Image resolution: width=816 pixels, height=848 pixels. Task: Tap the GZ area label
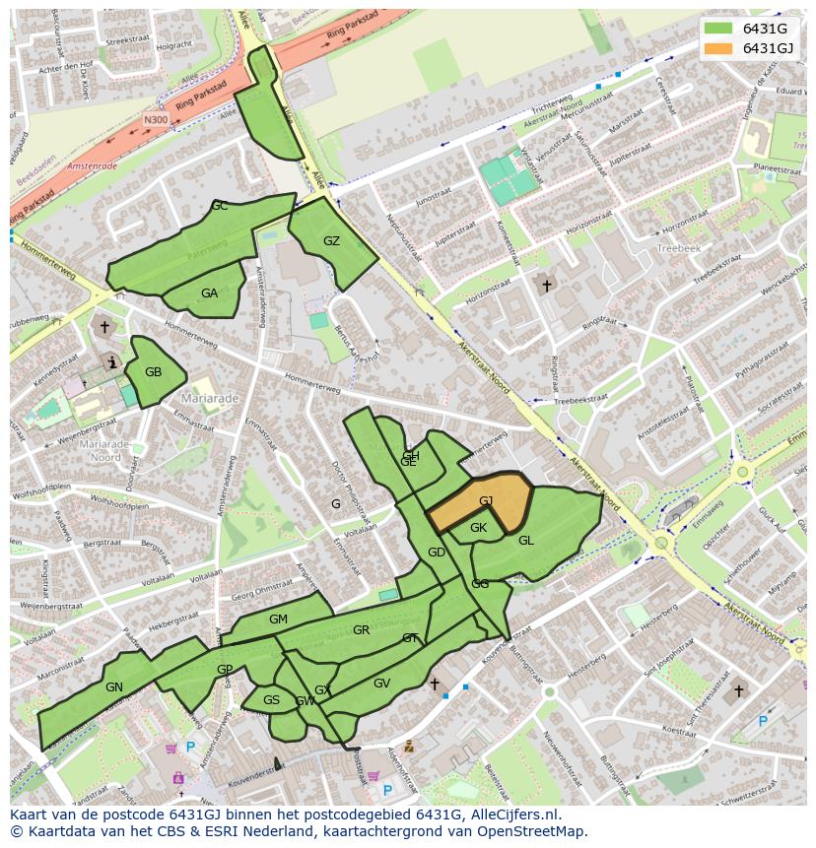coord(331,241)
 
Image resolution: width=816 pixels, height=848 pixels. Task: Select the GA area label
coord(209,294)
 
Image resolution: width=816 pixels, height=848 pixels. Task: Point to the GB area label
coord(153,372)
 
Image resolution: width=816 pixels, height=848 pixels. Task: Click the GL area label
coord(526,541)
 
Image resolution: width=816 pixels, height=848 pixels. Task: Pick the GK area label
coord(478,528)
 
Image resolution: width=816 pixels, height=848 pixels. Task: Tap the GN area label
coord(114,687)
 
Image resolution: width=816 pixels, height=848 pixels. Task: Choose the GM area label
coord(278,620)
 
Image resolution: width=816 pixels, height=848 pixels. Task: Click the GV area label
coord(382,684)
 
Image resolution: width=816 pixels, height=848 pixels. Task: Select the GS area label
coord(271,700)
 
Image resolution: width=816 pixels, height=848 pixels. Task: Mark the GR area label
coord(361,630)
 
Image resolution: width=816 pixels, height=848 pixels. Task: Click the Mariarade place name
coord(210,399)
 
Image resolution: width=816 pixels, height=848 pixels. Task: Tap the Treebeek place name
coord(679,249)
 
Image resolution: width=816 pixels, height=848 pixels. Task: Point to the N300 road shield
coord(155,120)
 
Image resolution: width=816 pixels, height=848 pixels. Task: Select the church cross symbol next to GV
coord(434,683)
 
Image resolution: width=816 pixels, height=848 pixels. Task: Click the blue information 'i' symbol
coord(113,362)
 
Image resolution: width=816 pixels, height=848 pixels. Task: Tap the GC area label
coord(219,206)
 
